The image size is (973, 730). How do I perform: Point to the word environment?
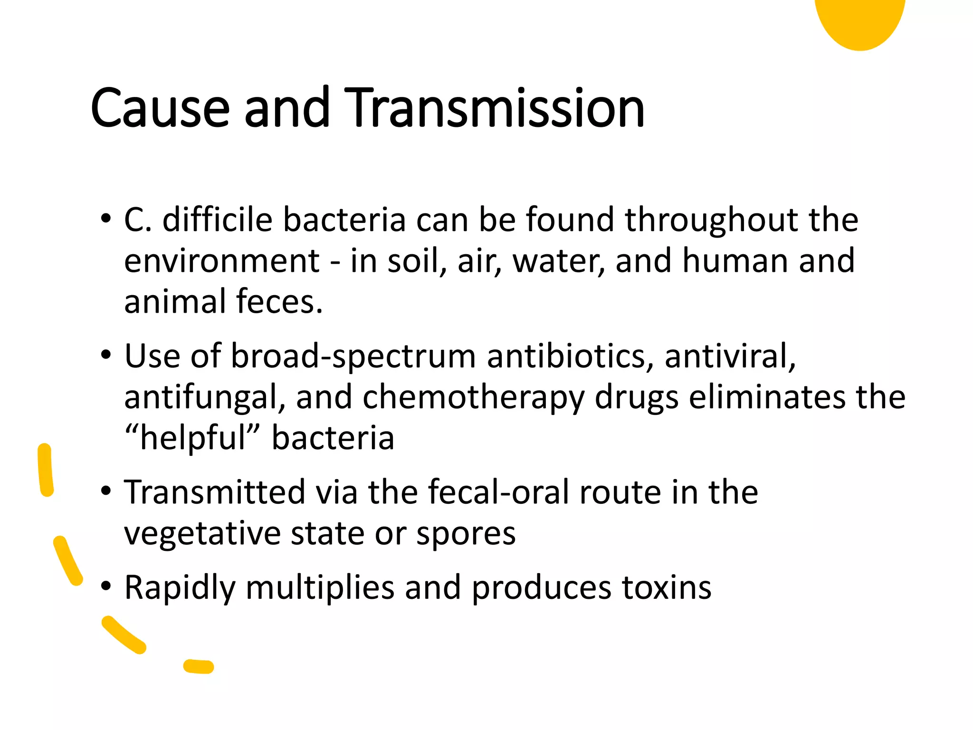click(222, 261)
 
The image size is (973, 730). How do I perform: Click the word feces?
click(279, 302)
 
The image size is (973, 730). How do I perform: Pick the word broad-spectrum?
click(353, 356)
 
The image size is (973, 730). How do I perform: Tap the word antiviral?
click(730, 356)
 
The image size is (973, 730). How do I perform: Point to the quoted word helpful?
click(193, 438)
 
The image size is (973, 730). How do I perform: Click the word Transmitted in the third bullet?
click(215, 492)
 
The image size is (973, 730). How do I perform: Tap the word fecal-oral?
click(498, 492)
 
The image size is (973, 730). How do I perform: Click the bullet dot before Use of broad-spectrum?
click(106, 355)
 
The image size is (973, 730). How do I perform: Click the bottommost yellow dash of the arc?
click(199, 666)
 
